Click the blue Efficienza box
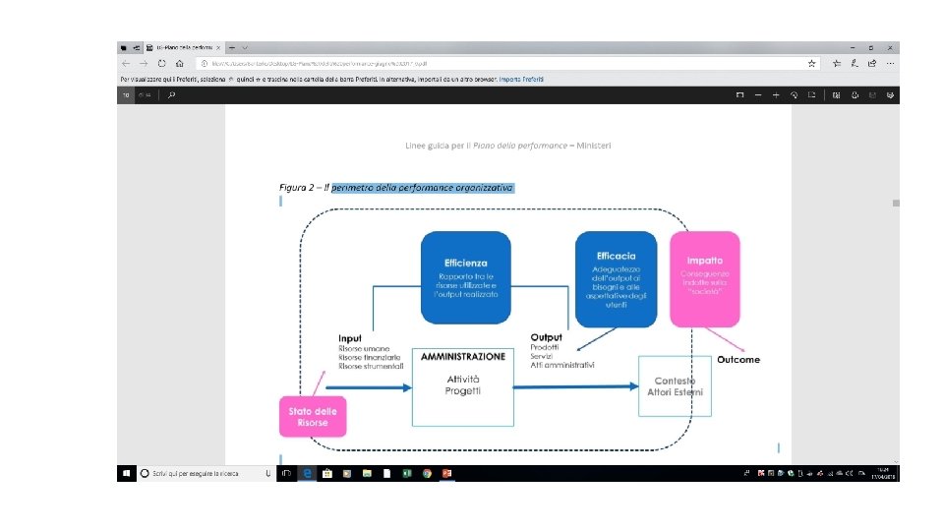465,277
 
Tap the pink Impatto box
705,278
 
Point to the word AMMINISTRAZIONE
462,356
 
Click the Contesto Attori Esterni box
677,386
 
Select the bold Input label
350,338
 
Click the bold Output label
546,338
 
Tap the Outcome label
737,359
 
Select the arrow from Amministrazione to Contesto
575,387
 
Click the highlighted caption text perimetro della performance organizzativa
423,187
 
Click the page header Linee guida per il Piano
507,146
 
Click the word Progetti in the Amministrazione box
462,390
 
